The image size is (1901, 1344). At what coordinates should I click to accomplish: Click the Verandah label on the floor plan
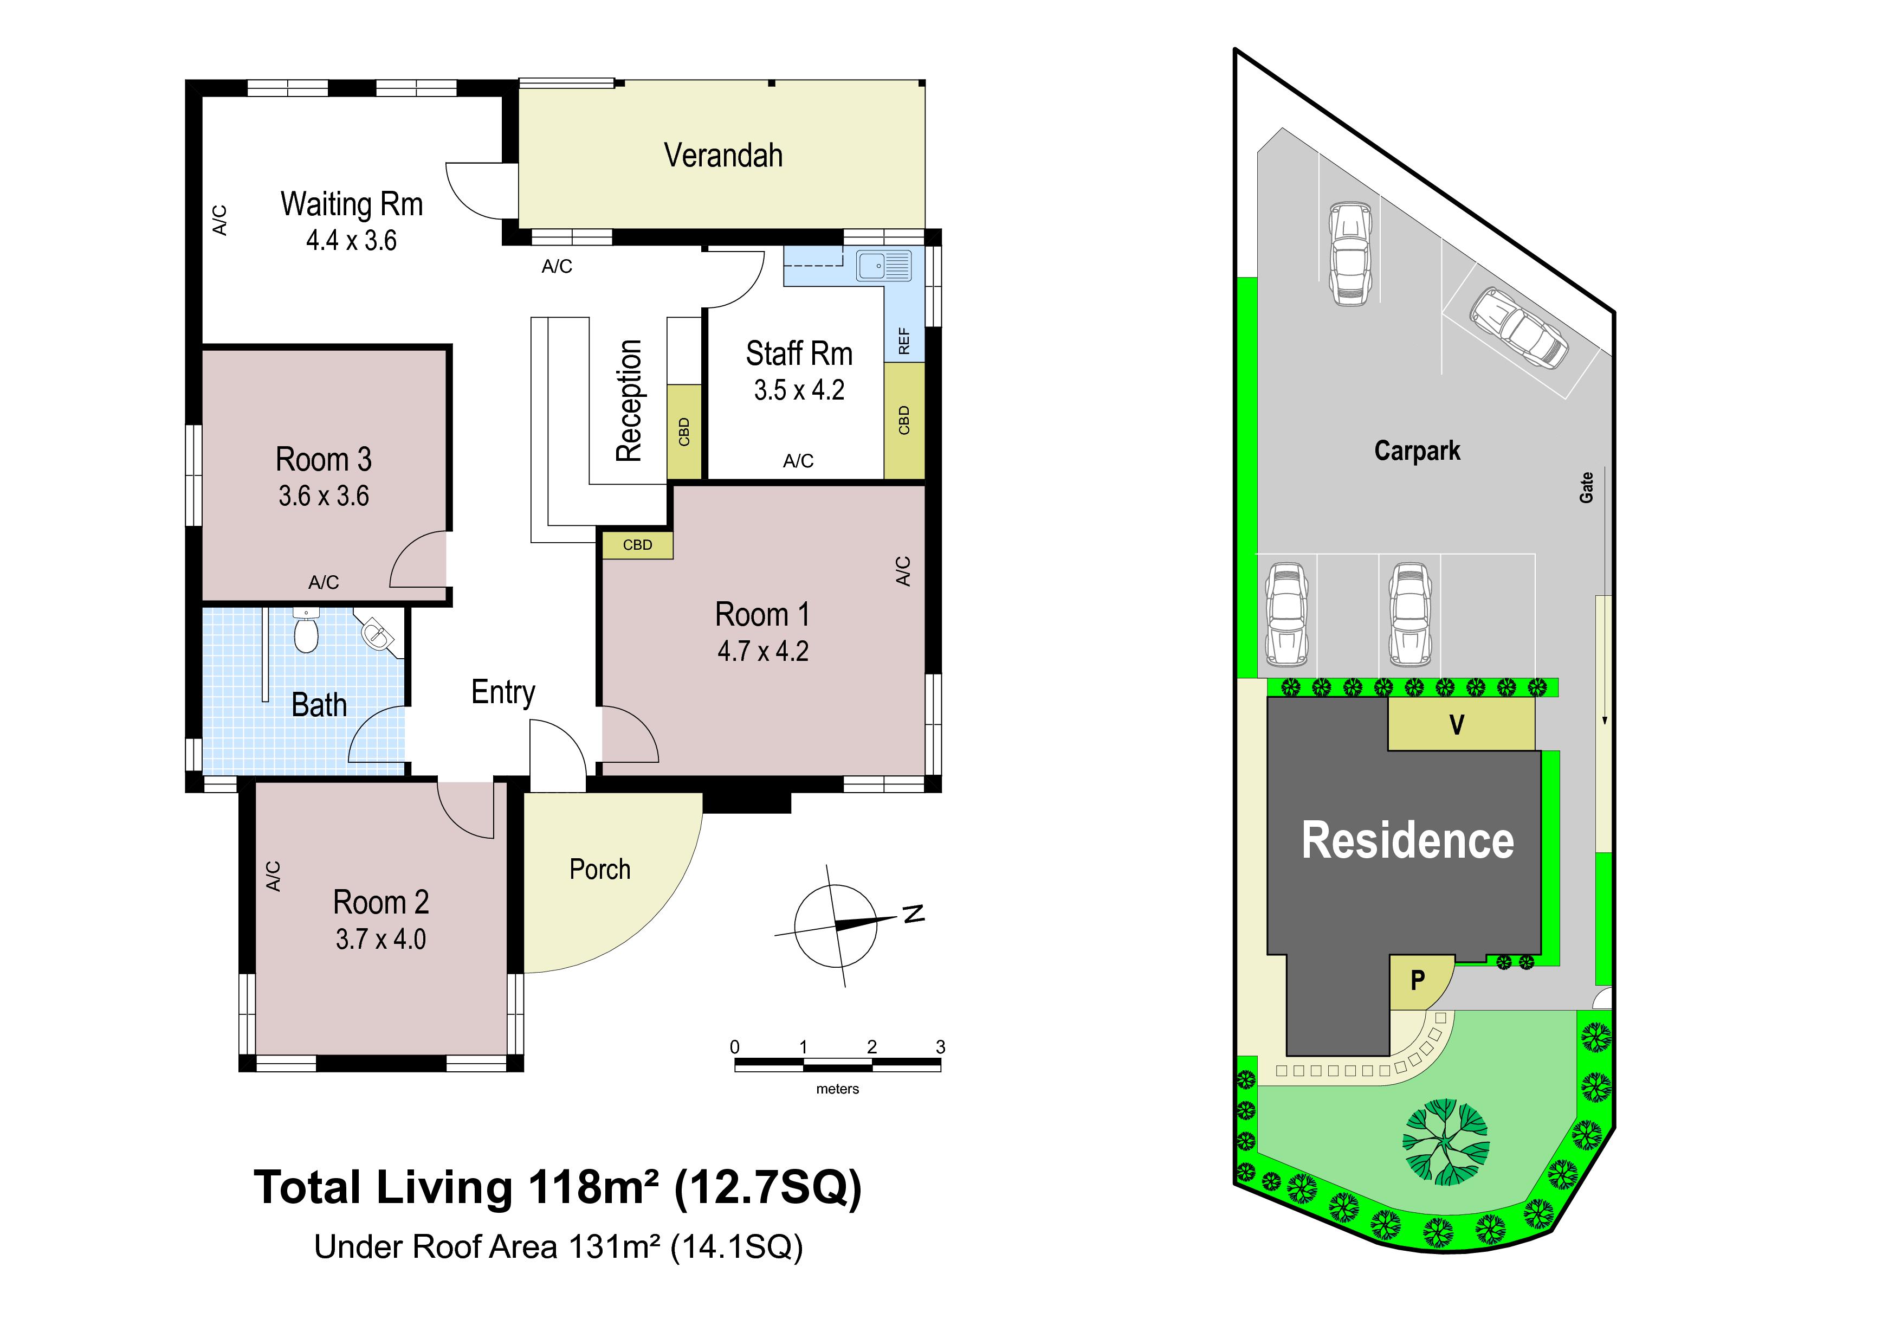[723, 156]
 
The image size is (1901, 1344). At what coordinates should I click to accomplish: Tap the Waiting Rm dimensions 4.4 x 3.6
[351, 240]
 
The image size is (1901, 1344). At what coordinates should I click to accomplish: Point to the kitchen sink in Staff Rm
[883, 266]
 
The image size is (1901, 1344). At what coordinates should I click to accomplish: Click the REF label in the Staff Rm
[904, 341]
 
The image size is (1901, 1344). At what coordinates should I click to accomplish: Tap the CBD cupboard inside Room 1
[637, 545]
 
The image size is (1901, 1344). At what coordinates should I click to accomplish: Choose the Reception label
[629, 401]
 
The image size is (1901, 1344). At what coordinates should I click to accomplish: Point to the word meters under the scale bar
[837, 1089]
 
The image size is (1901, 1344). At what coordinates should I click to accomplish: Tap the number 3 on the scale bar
[941, 1047]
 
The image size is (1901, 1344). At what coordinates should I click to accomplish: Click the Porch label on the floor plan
[599, 870]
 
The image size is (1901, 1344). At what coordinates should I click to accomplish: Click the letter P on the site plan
[1418, 980]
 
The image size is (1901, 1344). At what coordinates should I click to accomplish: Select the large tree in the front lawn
[1446, 1142]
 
